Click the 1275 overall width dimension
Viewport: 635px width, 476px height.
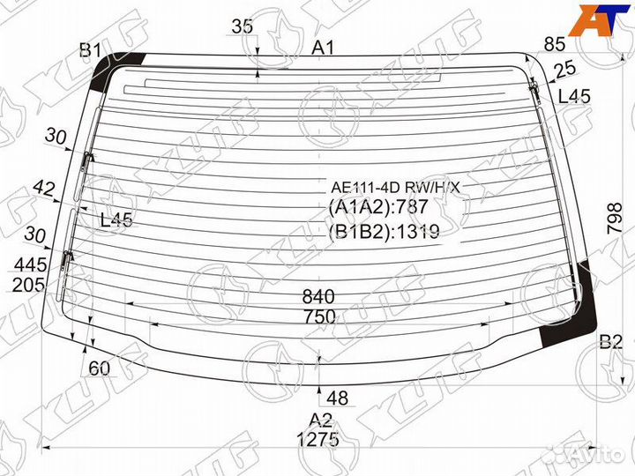point(317,439)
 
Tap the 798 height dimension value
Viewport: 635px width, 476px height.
point(615,219)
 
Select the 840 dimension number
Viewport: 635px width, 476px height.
point(318,297)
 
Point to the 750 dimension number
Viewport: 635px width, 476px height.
point(319,316)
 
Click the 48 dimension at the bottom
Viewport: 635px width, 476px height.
point(337,398)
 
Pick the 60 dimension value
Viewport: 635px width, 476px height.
point(99,368)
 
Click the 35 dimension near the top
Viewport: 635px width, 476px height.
point(243,26)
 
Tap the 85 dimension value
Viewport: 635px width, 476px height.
point(555,44)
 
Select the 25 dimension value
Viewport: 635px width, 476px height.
point(565,70)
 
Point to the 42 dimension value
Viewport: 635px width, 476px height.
point(44,189)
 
